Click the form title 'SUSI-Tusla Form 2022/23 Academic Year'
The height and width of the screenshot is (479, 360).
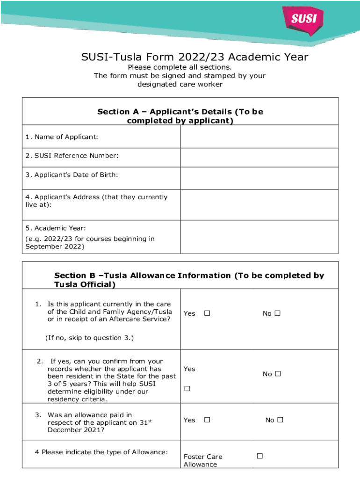194,57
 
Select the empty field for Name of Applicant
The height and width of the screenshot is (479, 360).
259,137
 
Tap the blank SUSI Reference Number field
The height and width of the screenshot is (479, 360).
259,158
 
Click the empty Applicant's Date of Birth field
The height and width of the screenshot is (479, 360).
259,178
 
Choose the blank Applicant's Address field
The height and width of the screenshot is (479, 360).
259,204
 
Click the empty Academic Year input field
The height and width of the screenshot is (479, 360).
259,237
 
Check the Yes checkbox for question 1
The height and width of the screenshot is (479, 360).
207,313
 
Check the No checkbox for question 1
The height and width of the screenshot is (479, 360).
278,313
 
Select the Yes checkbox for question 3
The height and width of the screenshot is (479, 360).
207,420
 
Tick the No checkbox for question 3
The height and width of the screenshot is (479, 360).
280,420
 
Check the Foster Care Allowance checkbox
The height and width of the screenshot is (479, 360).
260,456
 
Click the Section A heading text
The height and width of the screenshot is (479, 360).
180,116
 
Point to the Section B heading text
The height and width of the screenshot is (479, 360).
189,280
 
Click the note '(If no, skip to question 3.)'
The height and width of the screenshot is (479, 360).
89,337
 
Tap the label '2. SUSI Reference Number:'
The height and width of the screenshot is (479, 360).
72,156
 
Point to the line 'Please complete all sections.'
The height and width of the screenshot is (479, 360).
180,67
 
